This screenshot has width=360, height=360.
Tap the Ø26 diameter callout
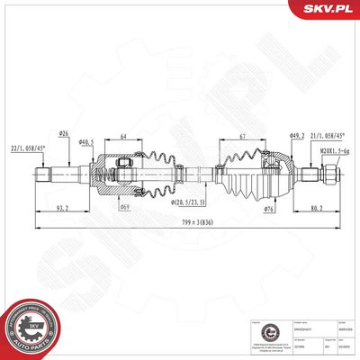(x=65, y=135)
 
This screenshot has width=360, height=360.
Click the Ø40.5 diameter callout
(x=86, y=142)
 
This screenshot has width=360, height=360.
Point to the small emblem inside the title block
(x=256, y=332)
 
